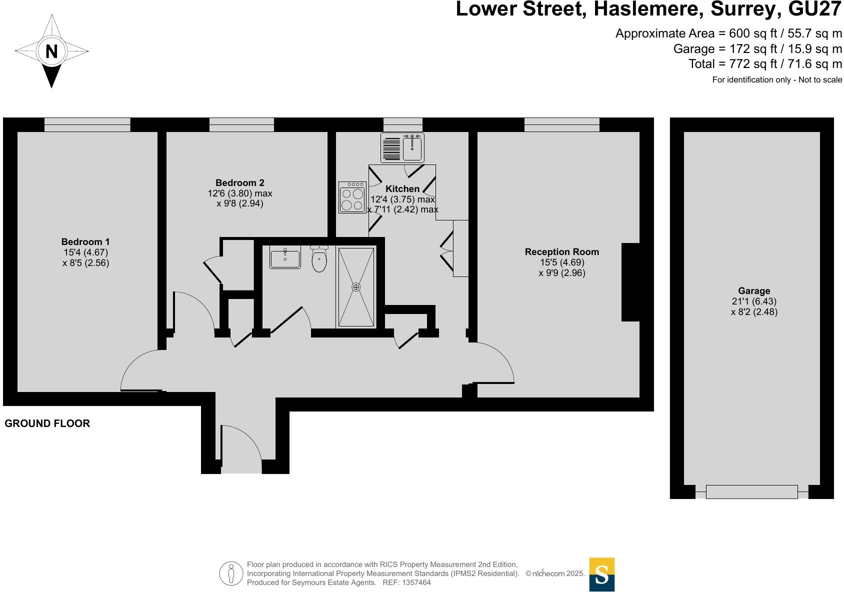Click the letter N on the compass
click(51, 51)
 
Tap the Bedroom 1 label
click(85, 242)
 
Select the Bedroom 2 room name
click(240, 183)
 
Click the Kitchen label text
click(402, 189)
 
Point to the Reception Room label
click(561, 252)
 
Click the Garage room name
click(754, 291)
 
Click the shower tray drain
click(356, 287)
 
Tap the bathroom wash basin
click(285, 258)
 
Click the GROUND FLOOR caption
click(47, 423)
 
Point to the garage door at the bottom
click(751, 492)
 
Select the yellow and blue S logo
click(601, 574)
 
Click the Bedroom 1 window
click(87, 124)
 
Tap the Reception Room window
click(562, 124)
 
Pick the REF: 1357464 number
click(406, 582)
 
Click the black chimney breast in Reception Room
click(631, 282)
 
